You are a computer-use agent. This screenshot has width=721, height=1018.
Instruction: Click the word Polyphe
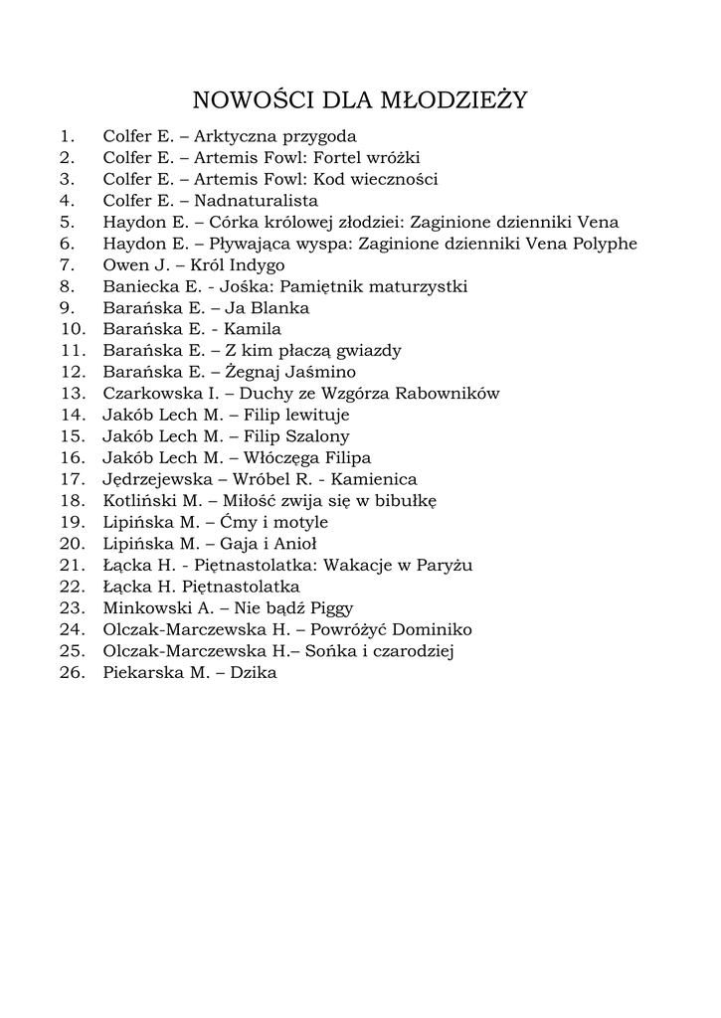click(602, 244)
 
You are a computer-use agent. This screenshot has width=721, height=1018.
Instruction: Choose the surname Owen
click(124, 265)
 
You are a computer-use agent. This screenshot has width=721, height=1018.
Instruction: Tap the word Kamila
click(253, 329)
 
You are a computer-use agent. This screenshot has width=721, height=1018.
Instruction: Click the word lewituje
click(315, 415)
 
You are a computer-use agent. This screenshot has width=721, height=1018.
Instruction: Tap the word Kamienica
click(376, 479)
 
